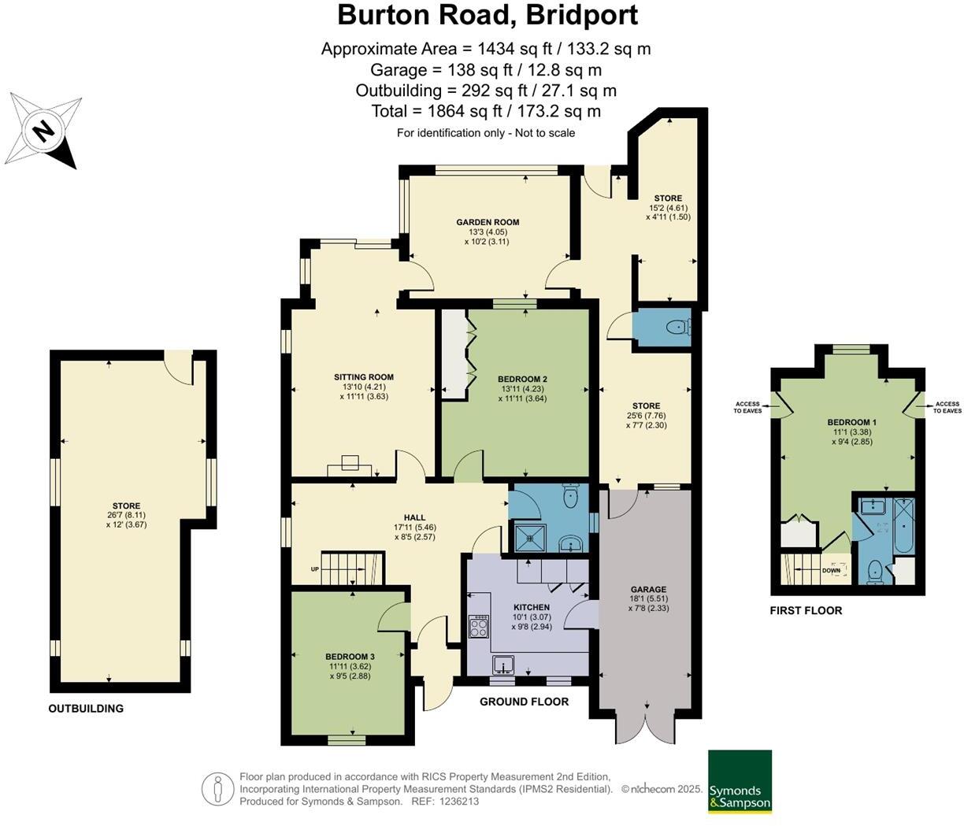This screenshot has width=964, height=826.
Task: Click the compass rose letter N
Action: (x=44, y=129)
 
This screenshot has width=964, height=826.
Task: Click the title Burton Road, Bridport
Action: (x=487, y=14)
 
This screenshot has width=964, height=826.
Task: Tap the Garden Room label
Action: (x=488, y=222)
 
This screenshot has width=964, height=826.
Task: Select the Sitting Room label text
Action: (x=363, y=377)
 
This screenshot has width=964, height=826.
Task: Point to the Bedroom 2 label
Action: (x=523, y=379)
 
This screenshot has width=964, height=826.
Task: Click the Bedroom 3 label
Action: (x=350, y=657)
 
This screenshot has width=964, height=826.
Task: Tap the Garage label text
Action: (x=648, y=589)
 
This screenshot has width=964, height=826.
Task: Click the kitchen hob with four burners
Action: (x=477, y=628)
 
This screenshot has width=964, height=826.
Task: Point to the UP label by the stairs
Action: (x=315, y=569)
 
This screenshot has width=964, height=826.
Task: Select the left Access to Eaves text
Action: (x=747, y=407)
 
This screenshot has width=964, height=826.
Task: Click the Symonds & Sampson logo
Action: (x=740, y=782)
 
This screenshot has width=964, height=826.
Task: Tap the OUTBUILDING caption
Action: (x=86, y=708)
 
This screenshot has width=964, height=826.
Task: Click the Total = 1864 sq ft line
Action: (x=486, y=111)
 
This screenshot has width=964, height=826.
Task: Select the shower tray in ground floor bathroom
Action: (x=528, y=537)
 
